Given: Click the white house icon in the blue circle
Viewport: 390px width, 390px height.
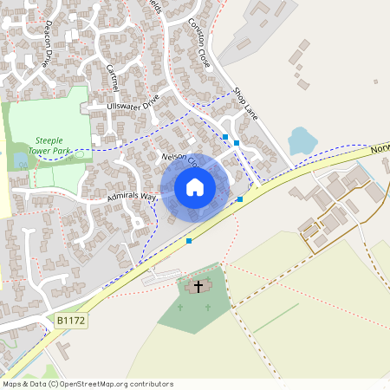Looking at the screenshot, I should coord(195,186).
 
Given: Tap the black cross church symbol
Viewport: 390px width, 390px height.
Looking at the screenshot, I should coord(198,285).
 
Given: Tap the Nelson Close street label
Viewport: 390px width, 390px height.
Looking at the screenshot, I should coord(180,160).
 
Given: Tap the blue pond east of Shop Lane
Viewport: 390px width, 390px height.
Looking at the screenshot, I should coord(301,140).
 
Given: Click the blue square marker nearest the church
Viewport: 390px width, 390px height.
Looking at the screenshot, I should coord(189,241).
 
